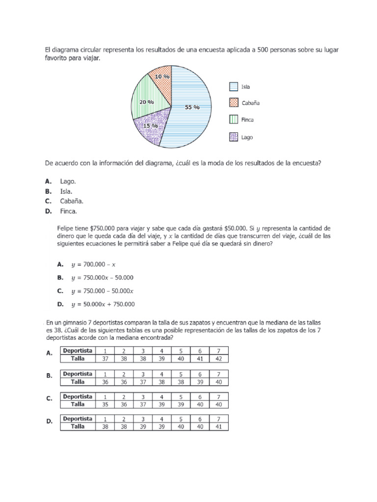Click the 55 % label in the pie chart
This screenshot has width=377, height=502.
(x=192, y=107)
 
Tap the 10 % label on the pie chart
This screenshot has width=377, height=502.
(x=162, y=76)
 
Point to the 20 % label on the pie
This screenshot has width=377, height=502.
(x=146, y=102)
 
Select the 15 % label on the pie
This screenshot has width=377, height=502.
(x=150, y=126)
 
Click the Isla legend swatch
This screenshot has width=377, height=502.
(x=234, y=87)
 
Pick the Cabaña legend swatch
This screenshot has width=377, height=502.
(x=234, y=103)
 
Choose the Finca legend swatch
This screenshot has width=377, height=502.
(x=234, y=120)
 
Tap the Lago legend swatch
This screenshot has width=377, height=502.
(x=234, y=137)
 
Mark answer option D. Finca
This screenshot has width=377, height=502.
(x=65, y=211)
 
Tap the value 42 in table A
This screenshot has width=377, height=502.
(x=219, y=359)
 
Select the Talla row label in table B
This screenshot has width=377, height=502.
(x=78, y=381)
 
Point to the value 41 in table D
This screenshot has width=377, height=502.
(x=219, y=427)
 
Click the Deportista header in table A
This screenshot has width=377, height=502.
(x=78, y=351)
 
